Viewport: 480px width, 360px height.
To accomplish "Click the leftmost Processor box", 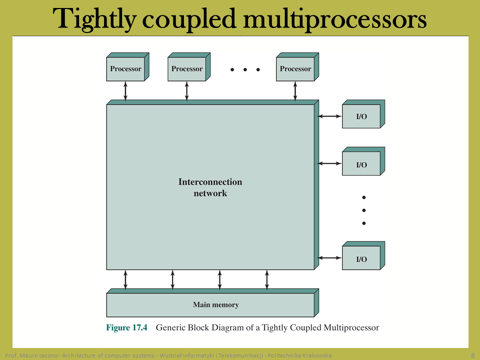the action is pos(127,66).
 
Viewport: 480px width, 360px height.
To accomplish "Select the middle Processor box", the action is pos(189,66).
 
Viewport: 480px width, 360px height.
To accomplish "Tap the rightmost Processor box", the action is pos(297,66).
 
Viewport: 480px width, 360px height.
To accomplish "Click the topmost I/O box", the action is pos(363,114).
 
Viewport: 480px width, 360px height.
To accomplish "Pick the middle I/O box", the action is pos(363,161).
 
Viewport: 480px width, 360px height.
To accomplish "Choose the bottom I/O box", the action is pos(363,255).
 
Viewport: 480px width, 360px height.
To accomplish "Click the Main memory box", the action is pos(212,303).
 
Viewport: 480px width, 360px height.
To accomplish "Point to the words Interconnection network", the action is pos(210,187).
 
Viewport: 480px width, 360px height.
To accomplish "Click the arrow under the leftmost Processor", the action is pos(125,91).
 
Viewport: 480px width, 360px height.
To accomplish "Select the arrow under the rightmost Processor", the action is pos(295,91).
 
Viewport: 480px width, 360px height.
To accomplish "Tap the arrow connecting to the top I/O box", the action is pos(329,116).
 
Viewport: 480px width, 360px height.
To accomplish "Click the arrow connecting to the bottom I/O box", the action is pos(329,258).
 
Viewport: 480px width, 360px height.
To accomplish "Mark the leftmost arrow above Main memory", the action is pos(125,279).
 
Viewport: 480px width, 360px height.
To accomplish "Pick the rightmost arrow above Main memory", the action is pos(267,279).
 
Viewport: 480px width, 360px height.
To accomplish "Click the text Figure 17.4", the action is pos(126,327).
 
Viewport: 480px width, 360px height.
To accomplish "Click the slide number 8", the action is pos(473,355).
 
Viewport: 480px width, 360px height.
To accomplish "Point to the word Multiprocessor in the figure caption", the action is pos(351,328).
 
